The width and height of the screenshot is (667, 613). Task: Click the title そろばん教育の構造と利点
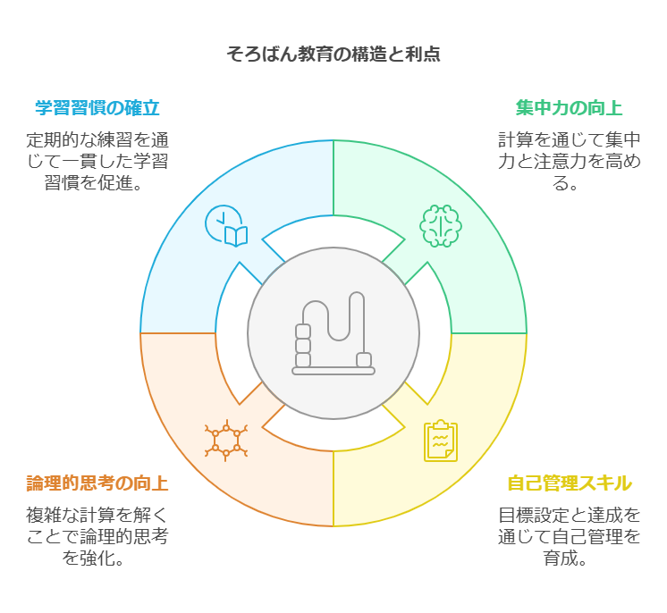pyautogui.click(x=333, y=55)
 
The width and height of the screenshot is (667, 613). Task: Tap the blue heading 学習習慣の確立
pyautogui.click(x=97, y=109)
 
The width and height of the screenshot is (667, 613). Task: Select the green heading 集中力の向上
pyautogui.click(x=569, y=109)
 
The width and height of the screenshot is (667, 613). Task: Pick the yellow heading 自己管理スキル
pyautogui.click(x=570, y=484)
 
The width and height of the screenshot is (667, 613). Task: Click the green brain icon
pyautogui.click(x=440, y=225)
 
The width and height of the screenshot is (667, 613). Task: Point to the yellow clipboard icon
pyautogui.click(x=440, y=441)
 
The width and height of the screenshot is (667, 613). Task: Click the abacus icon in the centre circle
pyautogui.click(x=333, y=333)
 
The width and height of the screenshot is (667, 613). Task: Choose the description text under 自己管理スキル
pyautogui.click(x=570, y=537)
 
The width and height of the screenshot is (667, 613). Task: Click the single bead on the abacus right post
pyautogui.click(x=364, y=360)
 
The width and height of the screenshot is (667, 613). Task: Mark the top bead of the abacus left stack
pyautogui.click(x=303, y=332)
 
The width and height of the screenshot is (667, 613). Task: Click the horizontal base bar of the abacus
pyautogui.click(x=333, y=371)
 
